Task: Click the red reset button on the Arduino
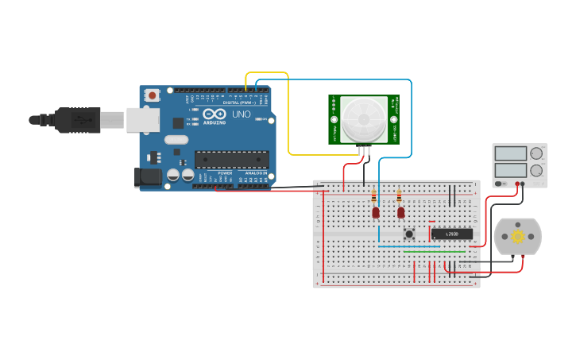point(152,95)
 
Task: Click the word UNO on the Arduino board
point(242,114)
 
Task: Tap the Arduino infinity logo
point(215,114)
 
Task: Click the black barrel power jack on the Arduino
point(148,178)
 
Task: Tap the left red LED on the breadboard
point(376,212)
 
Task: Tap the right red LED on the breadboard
point(400,212)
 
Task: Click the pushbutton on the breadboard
point(409,234)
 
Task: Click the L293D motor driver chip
point(451,234)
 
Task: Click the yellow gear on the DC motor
point(517,236)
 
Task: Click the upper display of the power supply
point(509,153)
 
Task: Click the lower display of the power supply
point(509,170)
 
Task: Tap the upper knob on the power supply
point(536,153)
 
